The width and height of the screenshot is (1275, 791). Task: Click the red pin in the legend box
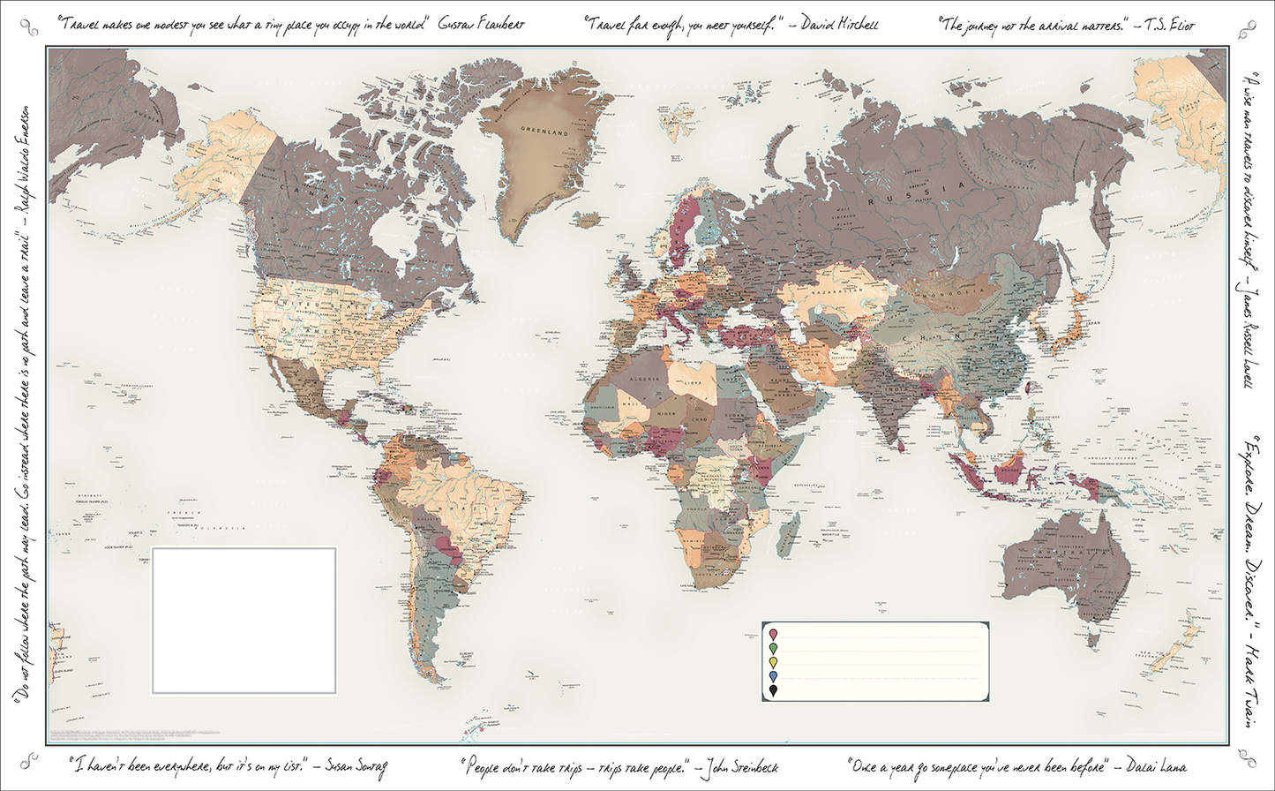(774, 635)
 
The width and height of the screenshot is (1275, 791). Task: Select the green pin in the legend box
(774, 649)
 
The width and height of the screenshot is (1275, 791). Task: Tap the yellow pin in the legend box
(774, 663)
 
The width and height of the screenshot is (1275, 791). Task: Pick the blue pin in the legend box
(774, 677)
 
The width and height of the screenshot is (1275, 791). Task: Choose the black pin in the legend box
(774, 691)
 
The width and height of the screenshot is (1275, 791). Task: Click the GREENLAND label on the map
(538, 130)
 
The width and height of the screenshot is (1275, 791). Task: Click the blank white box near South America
(244, 621)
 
